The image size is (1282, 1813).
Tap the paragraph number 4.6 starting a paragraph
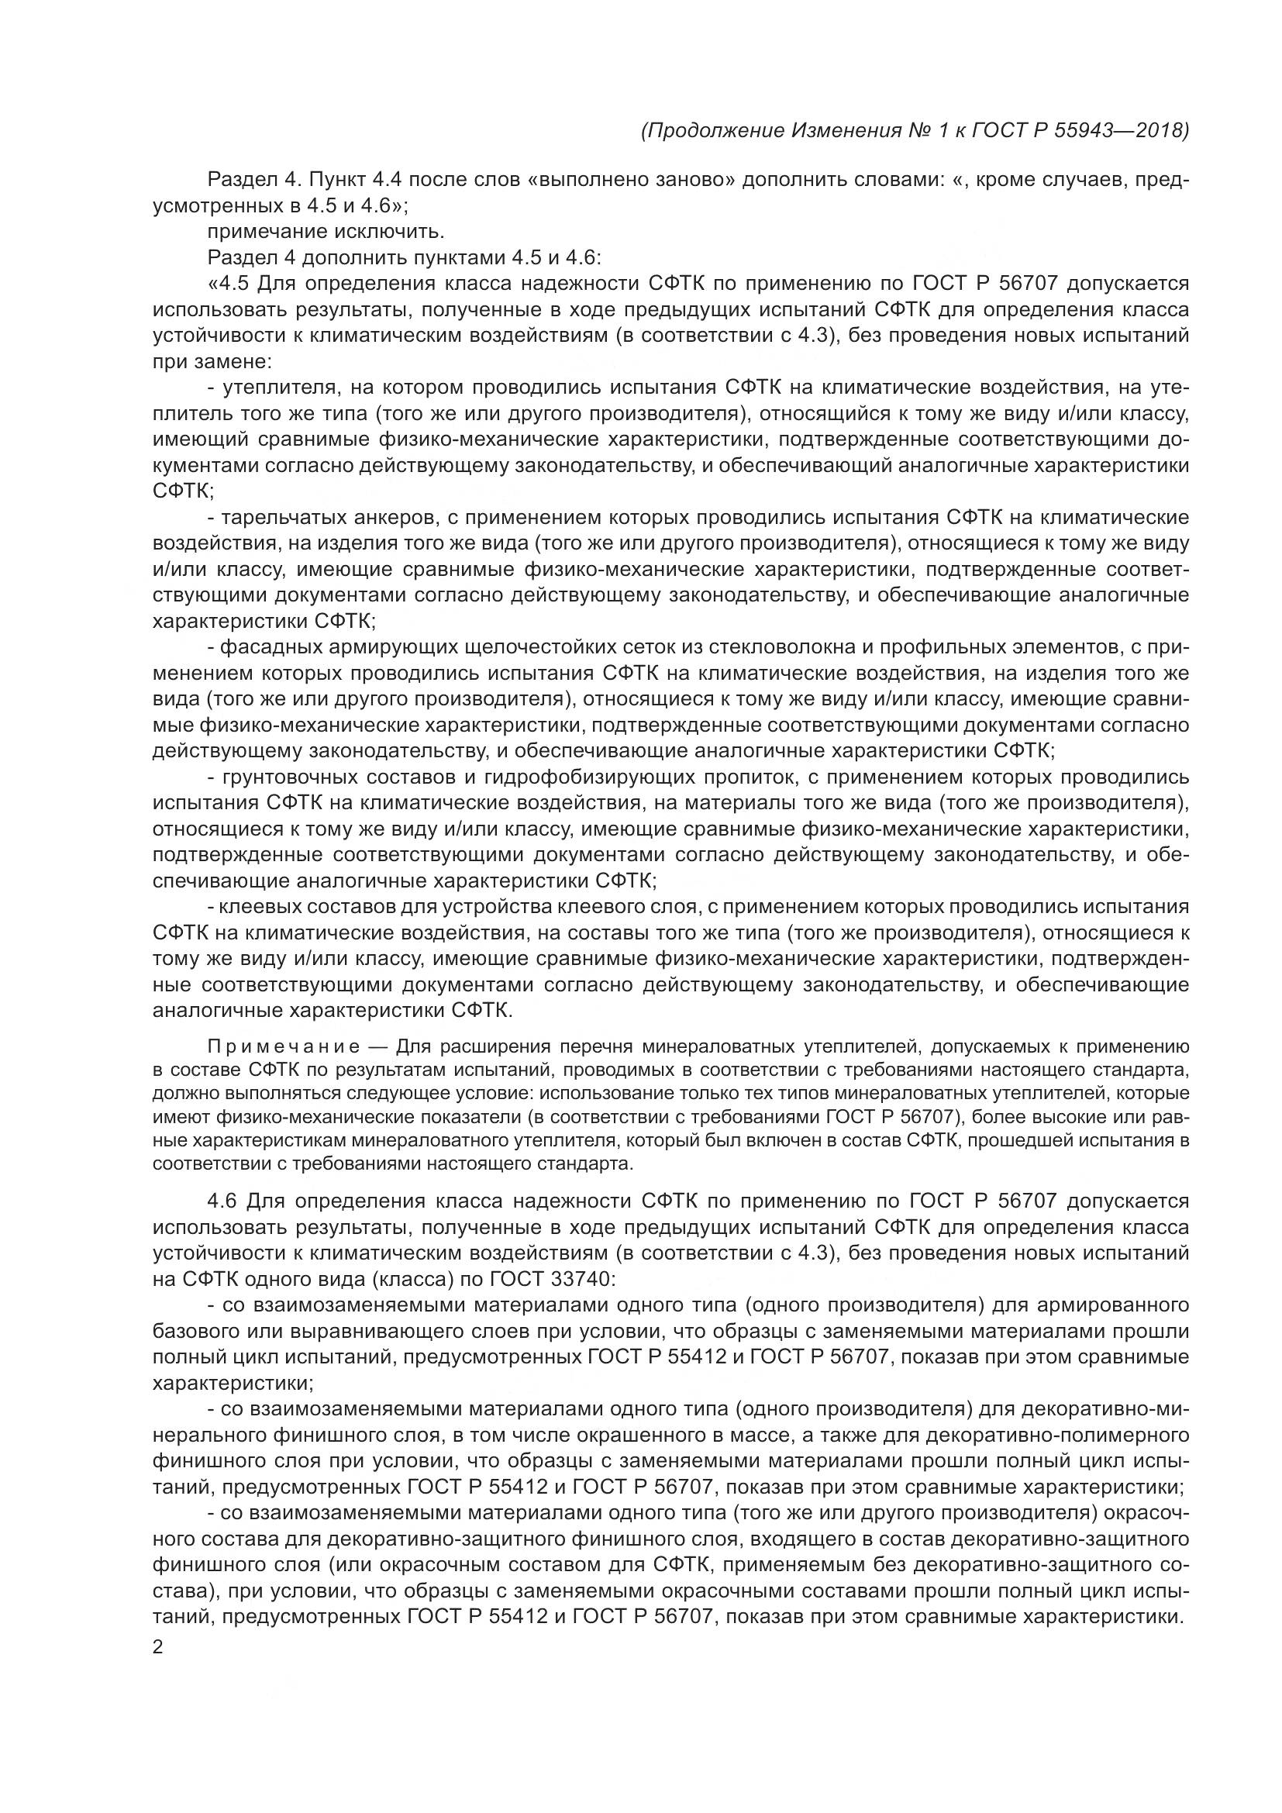(222, 1202)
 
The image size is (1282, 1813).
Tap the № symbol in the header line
(918, 130)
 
